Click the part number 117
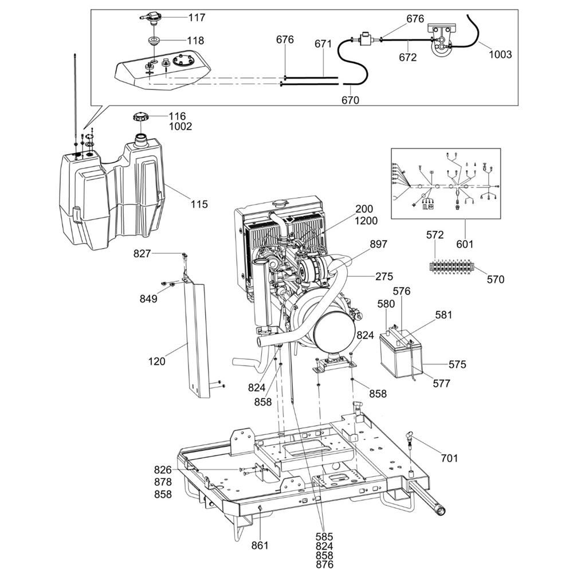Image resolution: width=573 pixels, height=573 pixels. click(197, 18)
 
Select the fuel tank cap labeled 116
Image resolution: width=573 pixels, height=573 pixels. click(140, 118)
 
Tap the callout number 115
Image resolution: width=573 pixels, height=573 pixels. click(199, 204)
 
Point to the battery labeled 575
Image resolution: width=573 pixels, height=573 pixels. click(401, 354)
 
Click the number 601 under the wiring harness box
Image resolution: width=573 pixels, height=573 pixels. click(465, 244)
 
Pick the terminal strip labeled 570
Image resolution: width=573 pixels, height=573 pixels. click(452, 266)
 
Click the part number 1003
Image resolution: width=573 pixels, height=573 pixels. click(500, 54)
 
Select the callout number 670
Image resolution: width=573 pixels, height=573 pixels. click(350, 100)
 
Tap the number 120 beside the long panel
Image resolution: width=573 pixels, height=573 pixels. click(156, 362)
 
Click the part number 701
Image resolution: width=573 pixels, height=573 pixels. click(449, 458)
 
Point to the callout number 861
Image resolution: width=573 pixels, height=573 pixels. click(260, 545)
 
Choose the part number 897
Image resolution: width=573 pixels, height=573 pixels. click(378, 244)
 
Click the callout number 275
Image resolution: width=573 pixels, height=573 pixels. click(384, 276)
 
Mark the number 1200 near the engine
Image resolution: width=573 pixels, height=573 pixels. click(366, 221)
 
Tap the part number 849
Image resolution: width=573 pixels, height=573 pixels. click(148, 299)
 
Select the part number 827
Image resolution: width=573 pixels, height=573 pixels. click(142, 253)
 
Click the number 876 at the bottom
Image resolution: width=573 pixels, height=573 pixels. click(324, 564)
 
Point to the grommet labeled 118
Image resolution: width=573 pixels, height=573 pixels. click(154, 40)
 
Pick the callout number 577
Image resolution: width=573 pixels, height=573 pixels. click(441, 383)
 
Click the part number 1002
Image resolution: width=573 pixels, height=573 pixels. click(180, 127)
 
